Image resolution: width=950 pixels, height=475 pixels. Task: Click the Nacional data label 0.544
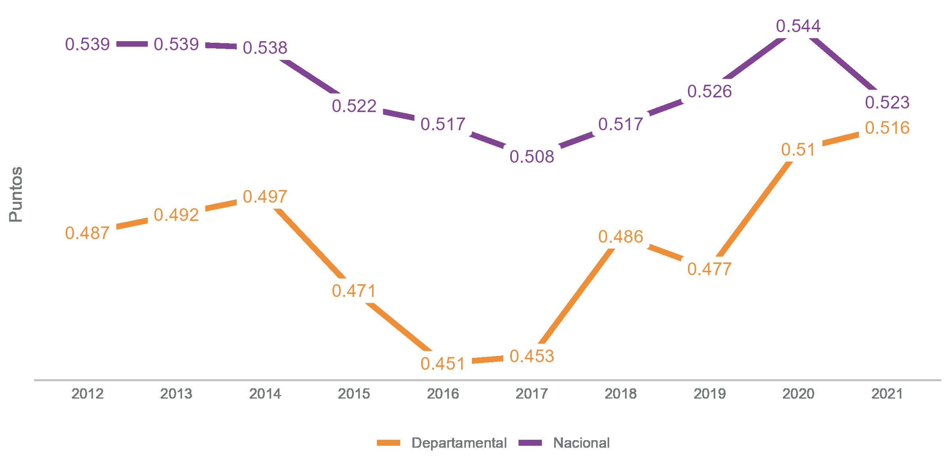(798, 26)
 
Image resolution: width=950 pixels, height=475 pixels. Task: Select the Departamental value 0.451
(443, 364)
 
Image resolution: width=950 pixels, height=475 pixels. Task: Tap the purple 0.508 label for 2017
(532, 157)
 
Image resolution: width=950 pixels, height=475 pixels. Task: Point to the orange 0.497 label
(265, 197)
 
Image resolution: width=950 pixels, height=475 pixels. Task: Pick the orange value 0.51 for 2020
(798, 150)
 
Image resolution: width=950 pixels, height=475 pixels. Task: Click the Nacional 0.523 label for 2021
(887, 103)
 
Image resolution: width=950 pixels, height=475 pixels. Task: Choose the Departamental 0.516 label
(887, 128)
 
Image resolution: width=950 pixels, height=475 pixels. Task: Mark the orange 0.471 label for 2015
(354, 291)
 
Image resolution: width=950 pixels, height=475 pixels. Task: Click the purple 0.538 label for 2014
(265, 48)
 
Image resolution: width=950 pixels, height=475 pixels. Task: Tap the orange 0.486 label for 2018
(621, 237)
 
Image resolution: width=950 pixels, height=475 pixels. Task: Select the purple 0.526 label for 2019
(709, 91)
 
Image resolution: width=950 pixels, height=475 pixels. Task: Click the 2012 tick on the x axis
(87, 394)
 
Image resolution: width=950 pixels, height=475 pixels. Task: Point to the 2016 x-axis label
(443, 394)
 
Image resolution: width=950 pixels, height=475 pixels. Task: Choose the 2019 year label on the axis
(709, 394)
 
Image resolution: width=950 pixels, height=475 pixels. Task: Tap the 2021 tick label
(887, 394)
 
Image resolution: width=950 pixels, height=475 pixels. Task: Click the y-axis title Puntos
(16, 194)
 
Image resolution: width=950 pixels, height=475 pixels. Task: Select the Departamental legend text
(459, 443)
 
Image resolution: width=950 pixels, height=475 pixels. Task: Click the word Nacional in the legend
(581, 443)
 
